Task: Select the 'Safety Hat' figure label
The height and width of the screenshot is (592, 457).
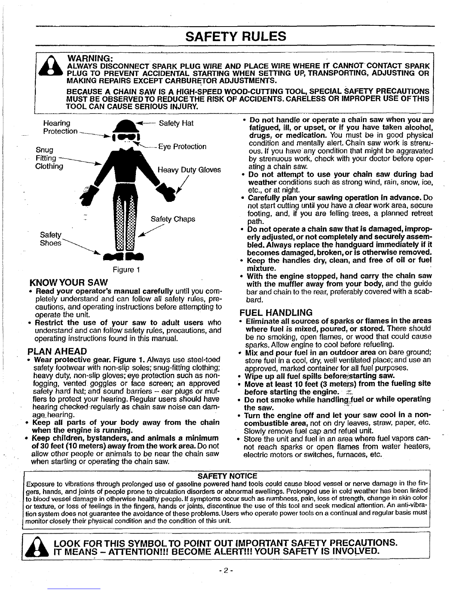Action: point(176,123)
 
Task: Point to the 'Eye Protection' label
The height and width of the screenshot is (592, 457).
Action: point(182,147)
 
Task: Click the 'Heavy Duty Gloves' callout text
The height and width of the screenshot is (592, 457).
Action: point(189,170)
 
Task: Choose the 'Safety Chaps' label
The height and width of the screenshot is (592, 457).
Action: point(172,219)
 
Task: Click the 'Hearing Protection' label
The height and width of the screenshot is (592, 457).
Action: point(60,127)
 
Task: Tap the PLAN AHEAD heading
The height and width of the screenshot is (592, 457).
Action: point(57,351)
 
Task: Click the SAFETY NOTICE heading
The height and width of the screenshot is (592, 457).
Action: point(227,476)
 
